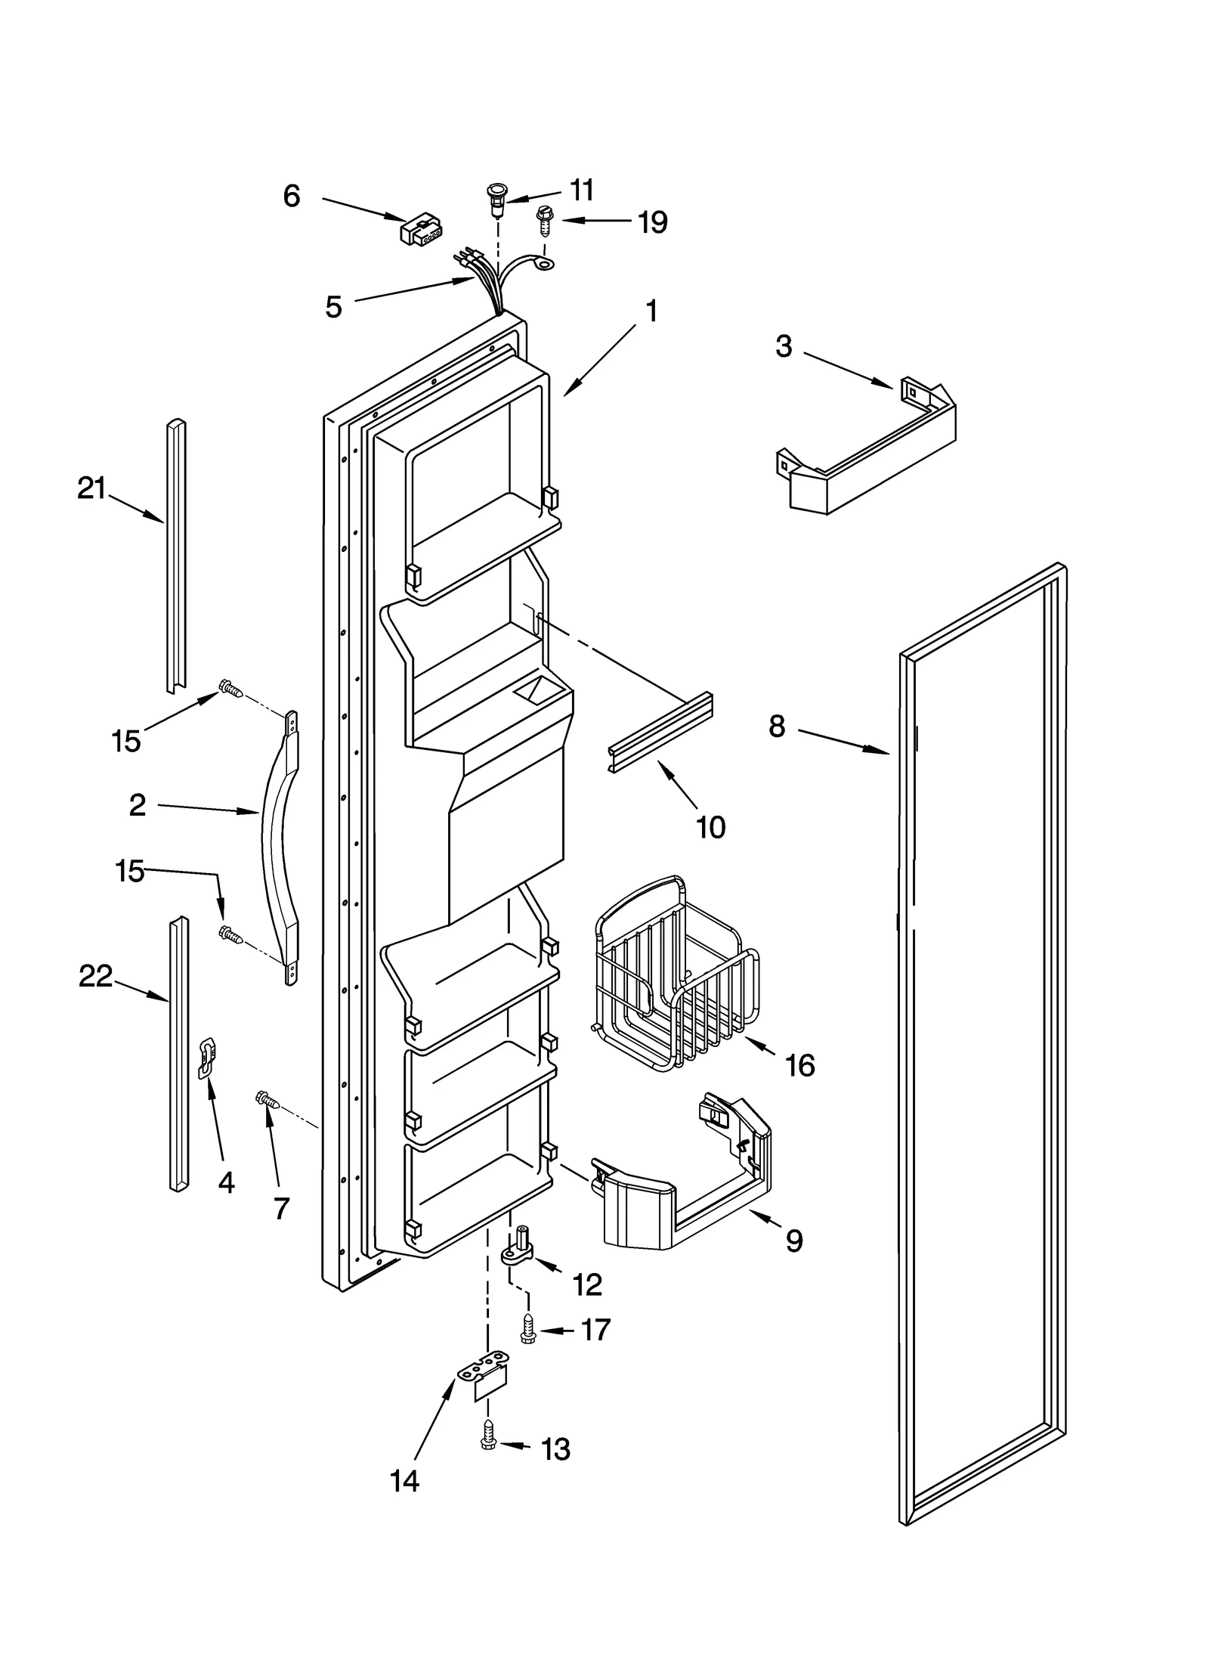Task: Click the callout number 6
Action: click(292, 197)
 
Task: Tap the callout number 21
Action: click(91, 488)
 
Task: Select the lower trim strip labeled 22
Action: click(178, 1055)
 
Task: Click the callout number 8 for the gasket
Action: click(777, 727)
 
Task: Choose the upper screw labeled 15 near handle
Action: click(230, 688)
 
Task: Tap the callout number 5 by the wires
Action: click(333, 307)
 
